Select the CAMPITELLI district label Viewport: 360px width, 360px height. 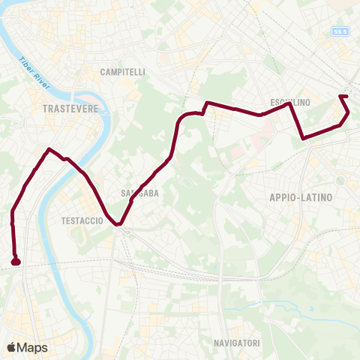coord(123,72)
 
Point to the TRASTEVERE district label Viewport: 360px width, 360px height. coord(71,109)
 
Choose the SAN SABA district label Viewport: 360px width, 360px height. coord(139,193)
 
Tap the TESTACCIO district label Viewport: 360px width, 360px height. coord(81,221)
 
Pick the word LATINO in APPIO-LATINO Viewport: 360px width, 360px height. coord(317,196)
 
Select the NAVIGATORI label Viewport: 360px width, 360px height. coord(236,343)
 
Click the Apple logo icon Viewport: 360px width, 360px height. coord(11,347)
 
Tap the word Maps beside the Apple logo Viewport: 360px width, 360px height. coord(32,347)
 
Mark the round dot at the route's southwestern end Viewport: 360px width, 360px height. coord(16,262)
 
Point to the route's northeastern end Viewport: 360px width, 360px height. coord(343,96)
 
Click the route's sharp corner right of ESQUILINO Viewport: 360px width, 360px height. coord(290,104)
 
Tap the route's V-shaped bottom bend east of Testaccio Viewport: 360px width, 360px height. coord(118,223)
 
